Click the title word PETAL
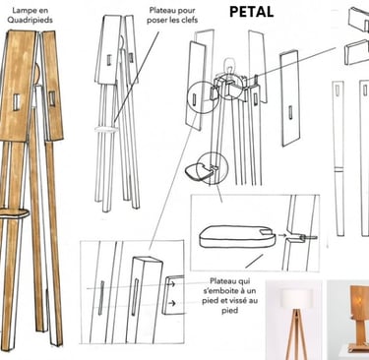tap(251, 12)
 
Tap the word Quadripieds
tap(30, 20)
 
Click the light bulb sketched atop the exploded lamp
tap(229, 67)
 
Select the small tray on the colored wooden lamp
tap(15, 213)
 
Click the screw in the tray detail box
tap(309, 237)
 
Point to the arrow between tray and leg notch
tap(281, 235)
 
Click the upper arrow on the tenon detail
tap(171, 284)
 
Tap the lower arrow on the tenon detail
tap(171, 303)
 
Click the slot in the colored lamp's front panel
tap(17, 101)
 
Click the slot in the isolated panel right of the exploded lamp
tap(290, 112)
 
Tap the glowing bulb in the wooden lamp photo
tap(360, 300)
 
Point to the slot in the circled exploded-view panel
tap(195, 99)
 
